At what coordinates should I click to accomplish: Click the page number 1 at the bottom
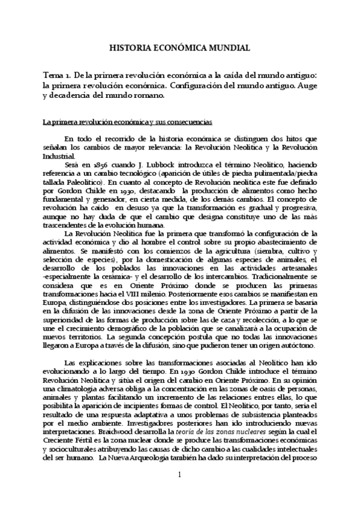coord(179,475)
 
